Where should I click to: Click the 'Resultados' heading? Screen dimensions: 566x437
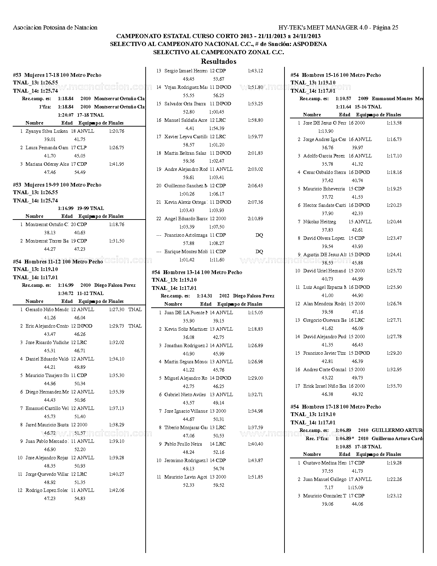pos(218,62)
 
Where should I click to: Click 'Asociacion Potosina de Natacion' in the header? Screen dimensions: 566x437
pos(55,27)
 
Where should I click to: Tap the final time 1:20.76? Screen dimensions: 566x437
pos(117,131)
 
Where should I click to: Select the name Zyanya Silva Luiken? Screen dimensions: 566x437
pos(47,131)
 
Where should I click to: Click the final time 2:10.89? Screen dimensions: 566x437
pos(255,219)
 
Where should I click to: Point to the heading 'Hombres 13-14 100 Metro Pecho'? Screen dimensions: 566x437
pos(203,272)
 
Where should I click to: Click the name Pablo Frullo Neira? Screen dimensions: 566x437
pos(183,444)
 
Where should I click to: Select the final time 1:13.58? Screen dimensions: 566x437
pos(394,123)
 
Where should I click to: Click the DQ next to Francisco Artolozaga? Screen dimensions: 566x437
pos(259,235)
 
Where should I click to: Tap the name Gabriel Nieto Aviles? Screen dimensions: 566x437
pos(185,394)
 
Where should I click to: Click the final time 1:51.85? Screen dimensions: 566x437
pos(255,477)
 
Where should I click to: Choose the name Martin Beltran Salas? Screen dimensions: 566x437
pos(185,153)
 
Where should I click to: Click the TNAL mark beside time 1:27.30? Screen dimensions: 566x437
pos(135,309)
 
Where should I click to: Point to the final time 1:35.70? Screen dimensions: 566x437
pos(394,386)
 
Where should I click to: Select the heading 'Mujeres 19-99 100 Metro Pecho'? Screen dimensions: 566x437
pos(63,185)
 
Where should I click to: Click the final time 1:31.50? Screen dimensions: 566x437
pos(117,241)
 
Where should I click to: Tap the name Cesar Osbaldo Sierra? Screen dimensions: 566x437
pos(324,172)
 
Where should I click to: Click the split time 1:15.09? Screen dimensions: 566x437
pos(355,487)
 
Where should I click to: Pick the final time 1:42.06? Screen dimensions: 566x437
pos(117,490)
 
